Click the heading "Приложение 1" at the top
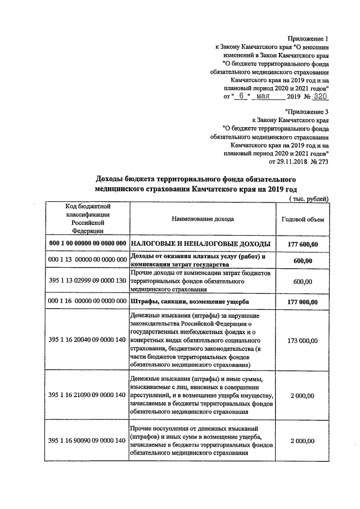[x=307, y=38]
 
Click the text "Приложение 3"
[x=307, y=112]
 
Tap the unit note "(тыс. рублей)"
[x=308, y=199]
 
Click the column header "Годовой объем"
[x=303, y=219]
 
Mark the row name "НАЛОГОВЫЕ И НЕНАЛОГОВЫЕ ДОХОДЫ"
[x=201, y=244]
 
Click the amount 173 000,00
[x=303, y=341]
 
